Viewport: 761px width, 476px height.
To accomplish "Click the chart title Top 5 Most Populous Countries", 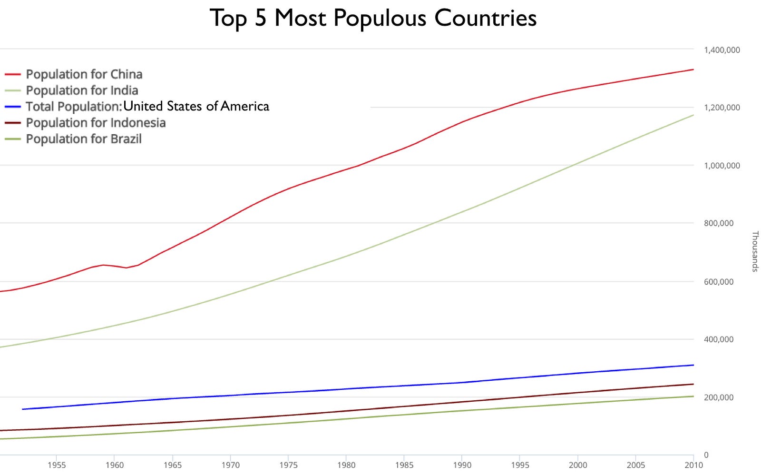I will point(373,19).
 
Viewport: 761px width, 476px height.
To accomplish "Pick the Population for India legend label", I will point(82,90).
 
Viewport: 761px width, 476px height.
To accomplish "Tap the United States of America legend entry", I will point(147,106).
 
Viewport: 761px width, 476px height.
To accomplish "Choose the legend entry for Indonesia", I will point(96,123).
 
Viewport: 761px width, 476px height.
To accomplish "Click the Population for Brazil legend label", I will point(84,139).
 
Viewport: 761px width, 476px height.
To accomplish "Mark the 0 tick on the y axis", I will point(706,455).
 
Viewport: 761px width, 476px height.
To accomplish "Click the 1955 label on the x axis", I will point(56,465).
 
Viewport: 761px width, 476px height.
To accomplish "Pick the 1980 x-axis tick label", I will point(346,465).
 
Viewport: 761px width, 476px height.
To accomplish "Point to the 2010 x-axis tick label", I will point(693,465).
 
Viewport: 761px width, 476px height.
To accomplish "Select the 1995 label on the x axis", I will point(520,465).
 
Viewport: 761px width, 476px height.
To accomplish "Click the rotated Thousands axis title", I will point(755,251).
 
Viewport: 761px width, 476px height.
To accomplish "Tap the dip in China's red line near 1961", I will point(126,268).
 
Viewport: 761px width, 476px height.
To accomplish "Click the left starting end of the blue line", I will point(22,409).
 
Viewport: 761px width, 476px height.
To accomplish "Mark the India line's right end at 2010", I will point(693,115).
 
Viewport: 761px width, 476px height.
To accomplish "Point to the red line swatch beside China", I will point(13,75).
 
